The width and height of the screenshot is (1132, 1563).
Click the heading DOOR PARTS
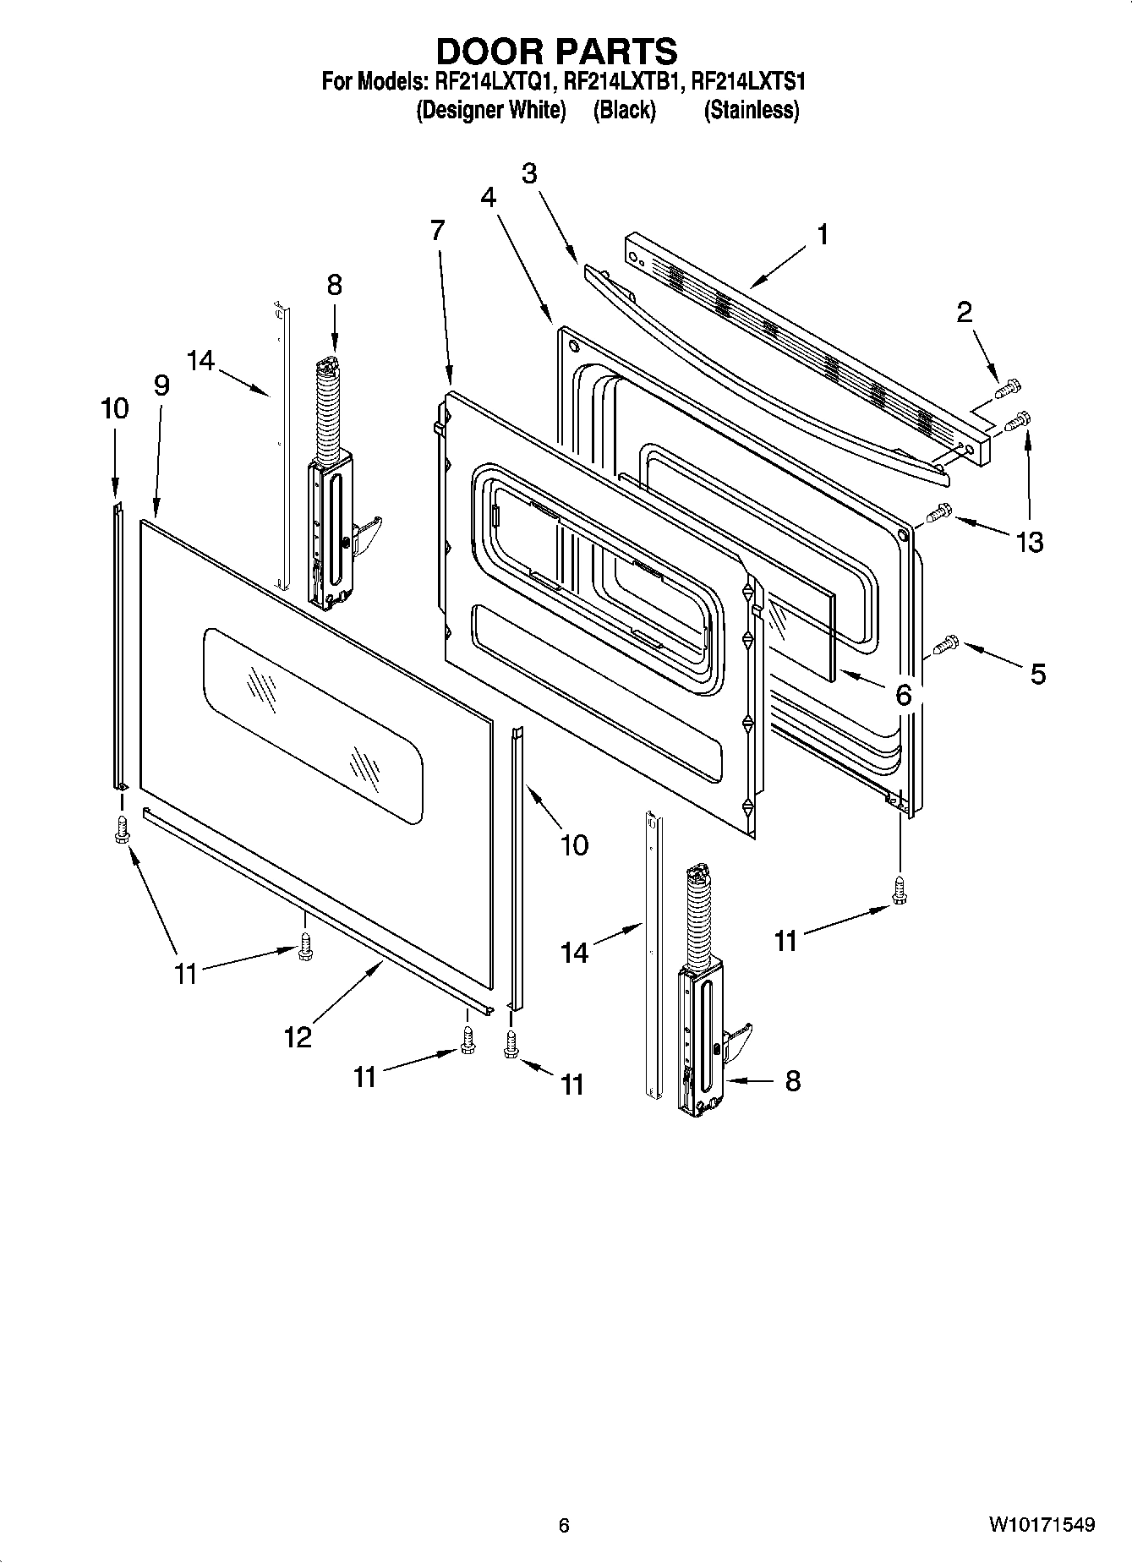pyautogui.click(x=556, y=52)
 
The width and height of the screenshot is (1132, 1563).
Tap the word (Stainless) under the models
pyautogui.click(x=751, y=110)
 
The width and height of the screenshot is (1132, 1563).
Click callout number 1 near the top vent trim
pyautogui.click(x=821, y=234)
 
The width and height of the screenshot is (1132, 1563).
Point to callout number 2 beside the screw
pyautogui.click(x=964, y=313)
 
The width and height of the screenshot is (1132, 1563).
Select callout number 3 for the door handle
pyautogui.click(x=529, y=173)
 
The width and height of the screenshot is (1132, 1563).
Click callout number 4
pyautogui.click(x=488, y=197)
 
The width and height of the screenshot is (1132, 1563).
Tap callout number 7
pyautogui.click(x=437, y=230)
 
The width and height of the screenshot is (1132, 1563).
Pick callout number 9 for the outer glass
pyautogui.click(x=161, y=385)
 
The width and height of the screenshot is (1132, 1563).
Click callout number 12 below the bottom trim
pyautogui.click(x=298, y=1036)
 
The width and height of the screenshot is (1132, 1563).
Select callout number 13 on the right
pyautogui.click(x=1030, y=541)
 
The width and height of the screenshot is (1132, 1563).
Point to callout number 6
pyautogui.click(x=903, y=695)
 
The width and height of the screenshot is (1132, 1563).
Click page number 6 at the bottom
pyautogui.click(x=564, y=1525)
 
